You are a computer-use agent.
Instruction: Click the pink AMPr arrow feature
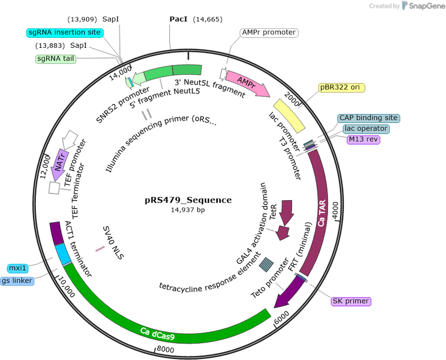247,83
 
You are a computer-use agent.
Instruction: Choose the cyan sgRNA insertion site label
65,33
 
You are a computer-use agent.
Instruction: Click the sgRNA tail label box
56,59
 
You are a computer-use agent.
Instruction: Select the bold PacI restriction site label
178,19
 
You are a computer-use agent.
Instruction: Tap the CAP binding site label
369,118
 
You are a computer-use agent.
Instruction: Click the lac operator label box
366,129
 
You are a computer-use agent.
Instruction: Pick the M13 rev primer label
363,139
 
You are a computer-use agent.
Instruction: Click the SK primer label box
351,301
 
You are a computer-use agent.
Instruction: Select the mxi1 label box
18,268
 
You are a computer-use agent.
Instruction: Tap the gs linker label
17,281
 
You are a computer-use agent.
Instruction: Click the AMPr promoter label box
269,33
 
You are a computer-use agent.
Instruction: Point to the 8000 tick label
166,349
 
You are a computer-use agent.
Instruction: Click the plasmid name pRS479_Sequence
188,200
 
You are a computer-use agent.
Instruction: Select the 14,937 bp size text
188,210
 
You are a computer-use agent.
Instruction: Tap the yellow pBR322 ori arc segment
289,116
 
